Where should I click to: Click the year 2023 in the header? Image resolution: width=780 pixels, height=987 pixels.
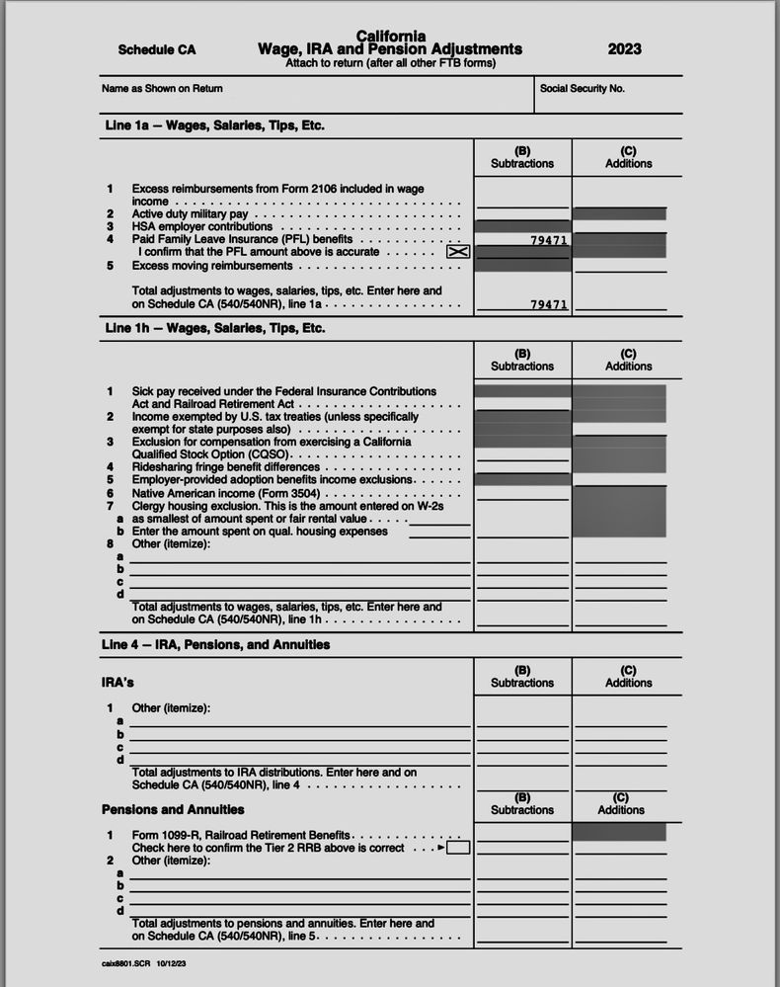point(624,49)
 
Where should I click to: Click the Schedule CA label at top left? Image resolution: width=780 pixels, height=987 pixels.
point(157,49)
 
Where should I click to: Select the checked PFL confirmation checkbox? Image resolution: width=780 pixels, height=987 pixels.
point(458,252)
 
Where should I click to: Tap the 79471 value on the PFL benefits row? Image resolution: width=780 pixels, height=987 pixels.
point(548,240)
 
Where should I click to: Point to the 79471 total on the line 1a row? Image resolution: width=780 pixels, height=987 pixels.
point(548,304)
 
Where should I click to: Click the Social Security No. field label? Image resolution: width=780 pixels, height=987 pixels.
point(583,89)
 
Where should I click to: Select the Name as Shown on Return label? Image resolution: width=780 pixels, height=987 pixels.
point(162,89)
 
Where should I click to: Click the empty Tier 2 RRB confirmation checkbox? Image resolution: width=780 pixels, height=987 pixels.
point(458,848)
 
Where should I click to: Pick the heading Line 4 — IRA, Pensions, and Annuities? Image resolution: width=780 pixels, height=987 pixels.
point(216,644)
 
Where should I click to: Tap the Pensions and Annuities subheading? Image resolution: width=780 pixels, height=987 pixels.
point(173,809)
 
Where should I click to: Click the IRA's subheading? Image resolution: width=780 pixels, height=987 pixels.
point(117,683)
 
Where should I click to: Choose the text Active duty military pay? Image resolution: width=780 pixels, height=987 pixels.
point(190,213)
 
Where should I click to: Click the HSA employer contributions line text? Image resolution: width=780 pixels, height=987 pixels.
point(202,226)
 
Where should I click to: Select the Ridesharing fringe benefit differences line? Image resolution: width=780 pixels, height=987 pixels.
point(226,466)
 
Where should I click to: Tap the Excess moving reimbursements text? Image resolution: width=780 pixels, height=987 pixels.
point(212,266)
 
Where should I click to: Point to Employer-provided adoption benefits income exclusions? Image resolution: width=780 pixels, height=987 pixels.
point(272,479)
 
